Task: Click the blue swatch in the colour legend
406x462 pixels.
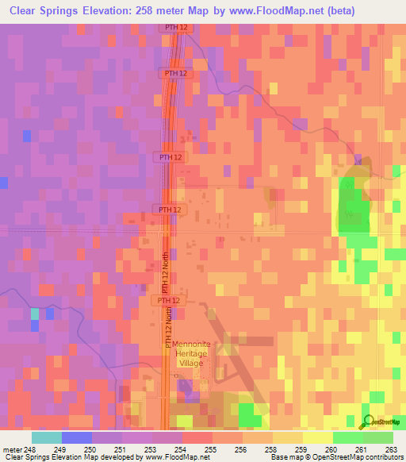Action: point(76,437)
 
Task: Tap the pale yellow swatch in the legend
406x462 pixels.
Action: point(317,437)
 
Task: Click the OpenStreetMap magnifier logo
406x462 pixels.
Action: point(369,422)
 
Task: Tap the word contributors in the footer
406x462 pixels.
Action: point(386,458)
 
